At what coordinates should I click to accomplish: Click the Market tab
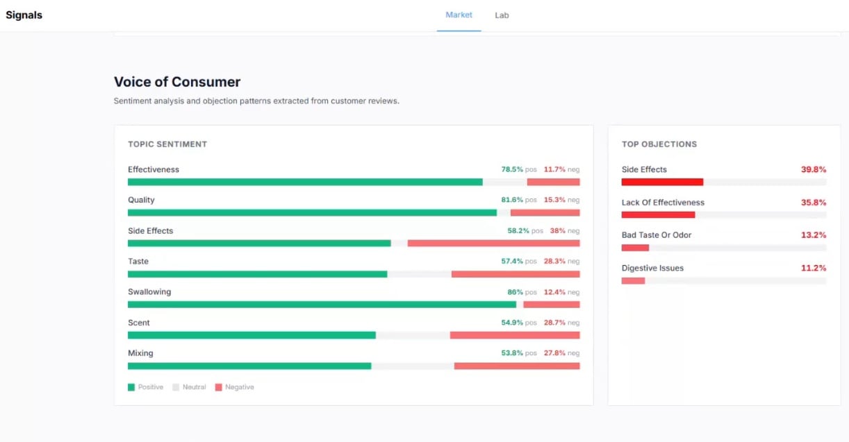tap(459, 15)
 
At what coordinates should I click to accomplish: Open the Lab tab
tap(502, 15)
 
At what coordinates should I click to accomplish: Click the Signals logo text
tap(24, 15)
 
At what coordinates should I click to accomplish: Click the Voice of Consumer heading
tap(177, 82)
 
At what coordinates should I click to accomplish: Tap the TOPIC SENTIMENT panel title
tap(167, 144)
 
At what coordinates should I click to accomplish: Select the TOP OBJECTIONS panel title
tap(659, 144)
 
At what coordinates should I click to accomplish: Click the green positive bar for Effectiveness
tap(305, 182)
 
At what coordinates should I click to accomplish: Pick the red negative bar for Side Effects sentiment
tap(493, 244)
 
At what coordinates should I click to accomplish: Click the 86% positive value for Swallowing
tap(515, 292)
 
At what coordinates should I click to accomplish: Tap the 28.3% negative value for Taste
tap(554, 262)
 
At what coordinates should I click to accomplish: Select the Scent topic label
tap(139, 323)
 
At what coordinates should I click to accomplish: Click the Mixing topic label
tap(141, 353)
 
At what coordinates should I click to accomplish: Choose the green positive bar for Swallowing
tap(322, 305)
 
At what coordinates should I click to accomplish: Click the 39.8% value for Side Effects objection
tap(813, 169)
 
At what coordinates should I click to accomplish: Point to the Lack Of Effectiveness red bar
tap(658, 215)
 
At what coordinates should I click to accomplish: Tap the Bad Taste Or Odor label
tap(656, 235)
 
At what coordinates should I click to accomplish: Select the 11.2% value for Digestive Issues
tap(813, 268)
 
